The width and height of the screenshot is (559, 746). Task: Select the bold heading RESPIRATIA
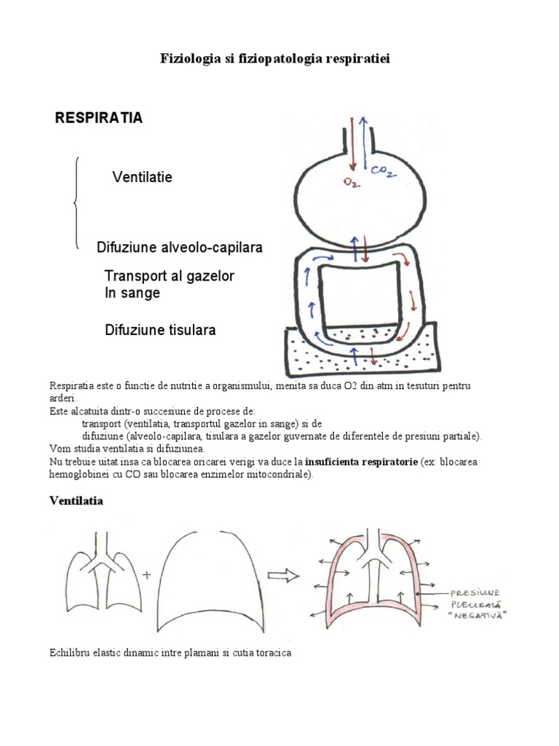99,119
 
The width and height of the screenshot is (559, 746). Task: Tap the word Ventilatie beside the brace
143,177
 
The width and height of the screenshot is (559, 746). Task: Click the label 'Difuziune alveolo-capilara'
180,248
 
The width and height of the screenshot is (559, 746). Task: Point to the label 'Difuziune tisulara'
160,330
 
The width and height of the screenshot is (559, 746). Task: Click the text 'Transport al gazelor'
170,277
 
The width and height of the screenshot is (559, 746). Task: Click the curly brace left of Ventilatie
76,204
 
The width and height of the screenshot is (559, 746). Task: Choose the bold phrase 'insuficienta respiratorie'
361,463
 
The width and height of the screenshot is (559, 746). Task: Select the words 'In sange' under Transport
132,293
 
